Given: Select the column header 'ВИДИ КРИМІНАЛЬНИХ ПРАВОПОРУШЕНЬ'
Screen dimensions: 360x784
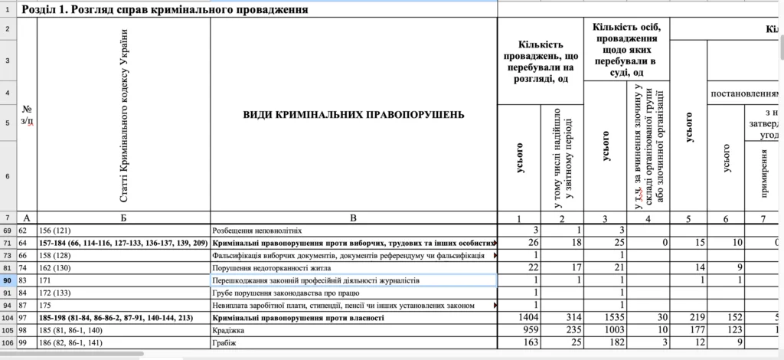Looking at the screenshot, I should coord(353,115).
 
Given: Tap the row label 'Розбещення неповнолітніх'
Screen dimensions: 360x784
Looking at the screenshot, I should coord(257,230).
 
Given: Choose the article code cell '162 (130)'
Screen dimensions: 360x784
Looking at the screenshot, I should coord(57,267).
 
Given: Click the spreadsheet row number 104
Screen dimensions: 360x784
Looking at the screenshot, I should coord(7,317).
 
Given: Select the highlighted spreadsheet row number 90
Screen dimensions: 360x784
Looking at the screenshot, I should coord(7,280).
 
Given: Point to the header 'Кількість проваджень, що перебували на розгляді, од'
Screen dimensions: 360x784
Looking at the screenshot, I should coord(541,61).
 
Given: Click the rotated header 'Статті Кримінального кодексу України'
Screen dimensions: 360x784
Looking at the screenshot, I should coord(124,115).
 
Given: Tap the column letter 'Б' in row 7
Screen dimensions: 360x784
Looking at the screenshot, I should coord(123,218).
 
